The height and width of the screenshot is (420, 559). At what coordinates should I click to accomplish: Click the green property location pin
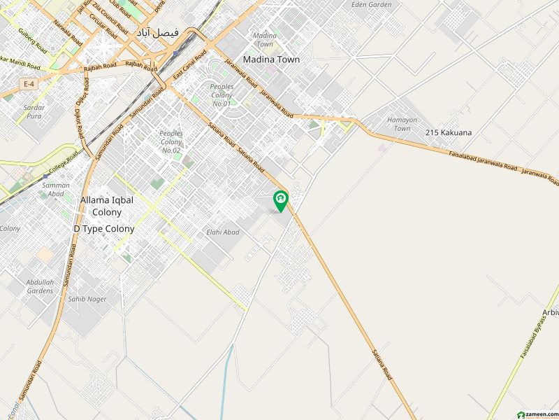pyautogui.click(x=281, y=201)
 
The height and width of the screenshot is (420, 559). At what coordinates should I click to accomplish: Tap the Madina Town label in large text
pyautogui.click(x=271, y=59)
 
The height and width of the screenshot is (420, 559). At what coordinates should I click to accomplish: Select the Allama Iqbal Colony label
pyautogui.click(x=106, y=206)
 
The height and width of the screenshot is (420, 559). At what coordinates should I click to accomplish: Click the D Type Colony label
pyautogui.click(x=104, y=229)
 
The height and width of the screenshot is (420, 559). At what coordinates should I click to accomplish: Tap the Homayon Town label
pyautogui.click(x=402, y=124)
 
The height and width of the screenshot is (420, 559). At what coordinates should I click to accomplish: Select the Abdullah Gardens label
pyautogui.click(x=40, y=286)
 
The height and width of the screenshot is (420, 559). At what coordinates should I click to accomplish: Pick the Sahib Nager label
pyautogui.click(x=87, y=299)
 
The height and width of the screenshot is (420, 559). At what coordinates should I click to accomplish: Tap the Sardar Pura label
pyautogui.click(x=34, y=112)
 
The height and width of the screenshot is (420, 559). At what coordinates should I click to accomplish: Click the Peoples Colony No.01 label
pyautogui.click(x=221, y=94)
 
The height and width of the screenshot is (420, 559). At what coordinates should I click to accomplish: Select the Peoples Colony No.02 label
pyautogui.click(x=171, y=141)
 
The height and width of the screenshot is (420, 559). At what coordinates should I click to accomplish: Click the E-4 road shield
pyautogui.click(x=29, y=83)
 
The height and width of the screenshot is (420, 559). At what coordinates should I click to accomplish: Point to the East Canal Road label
pyautogui.click(x=189, y=64)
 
